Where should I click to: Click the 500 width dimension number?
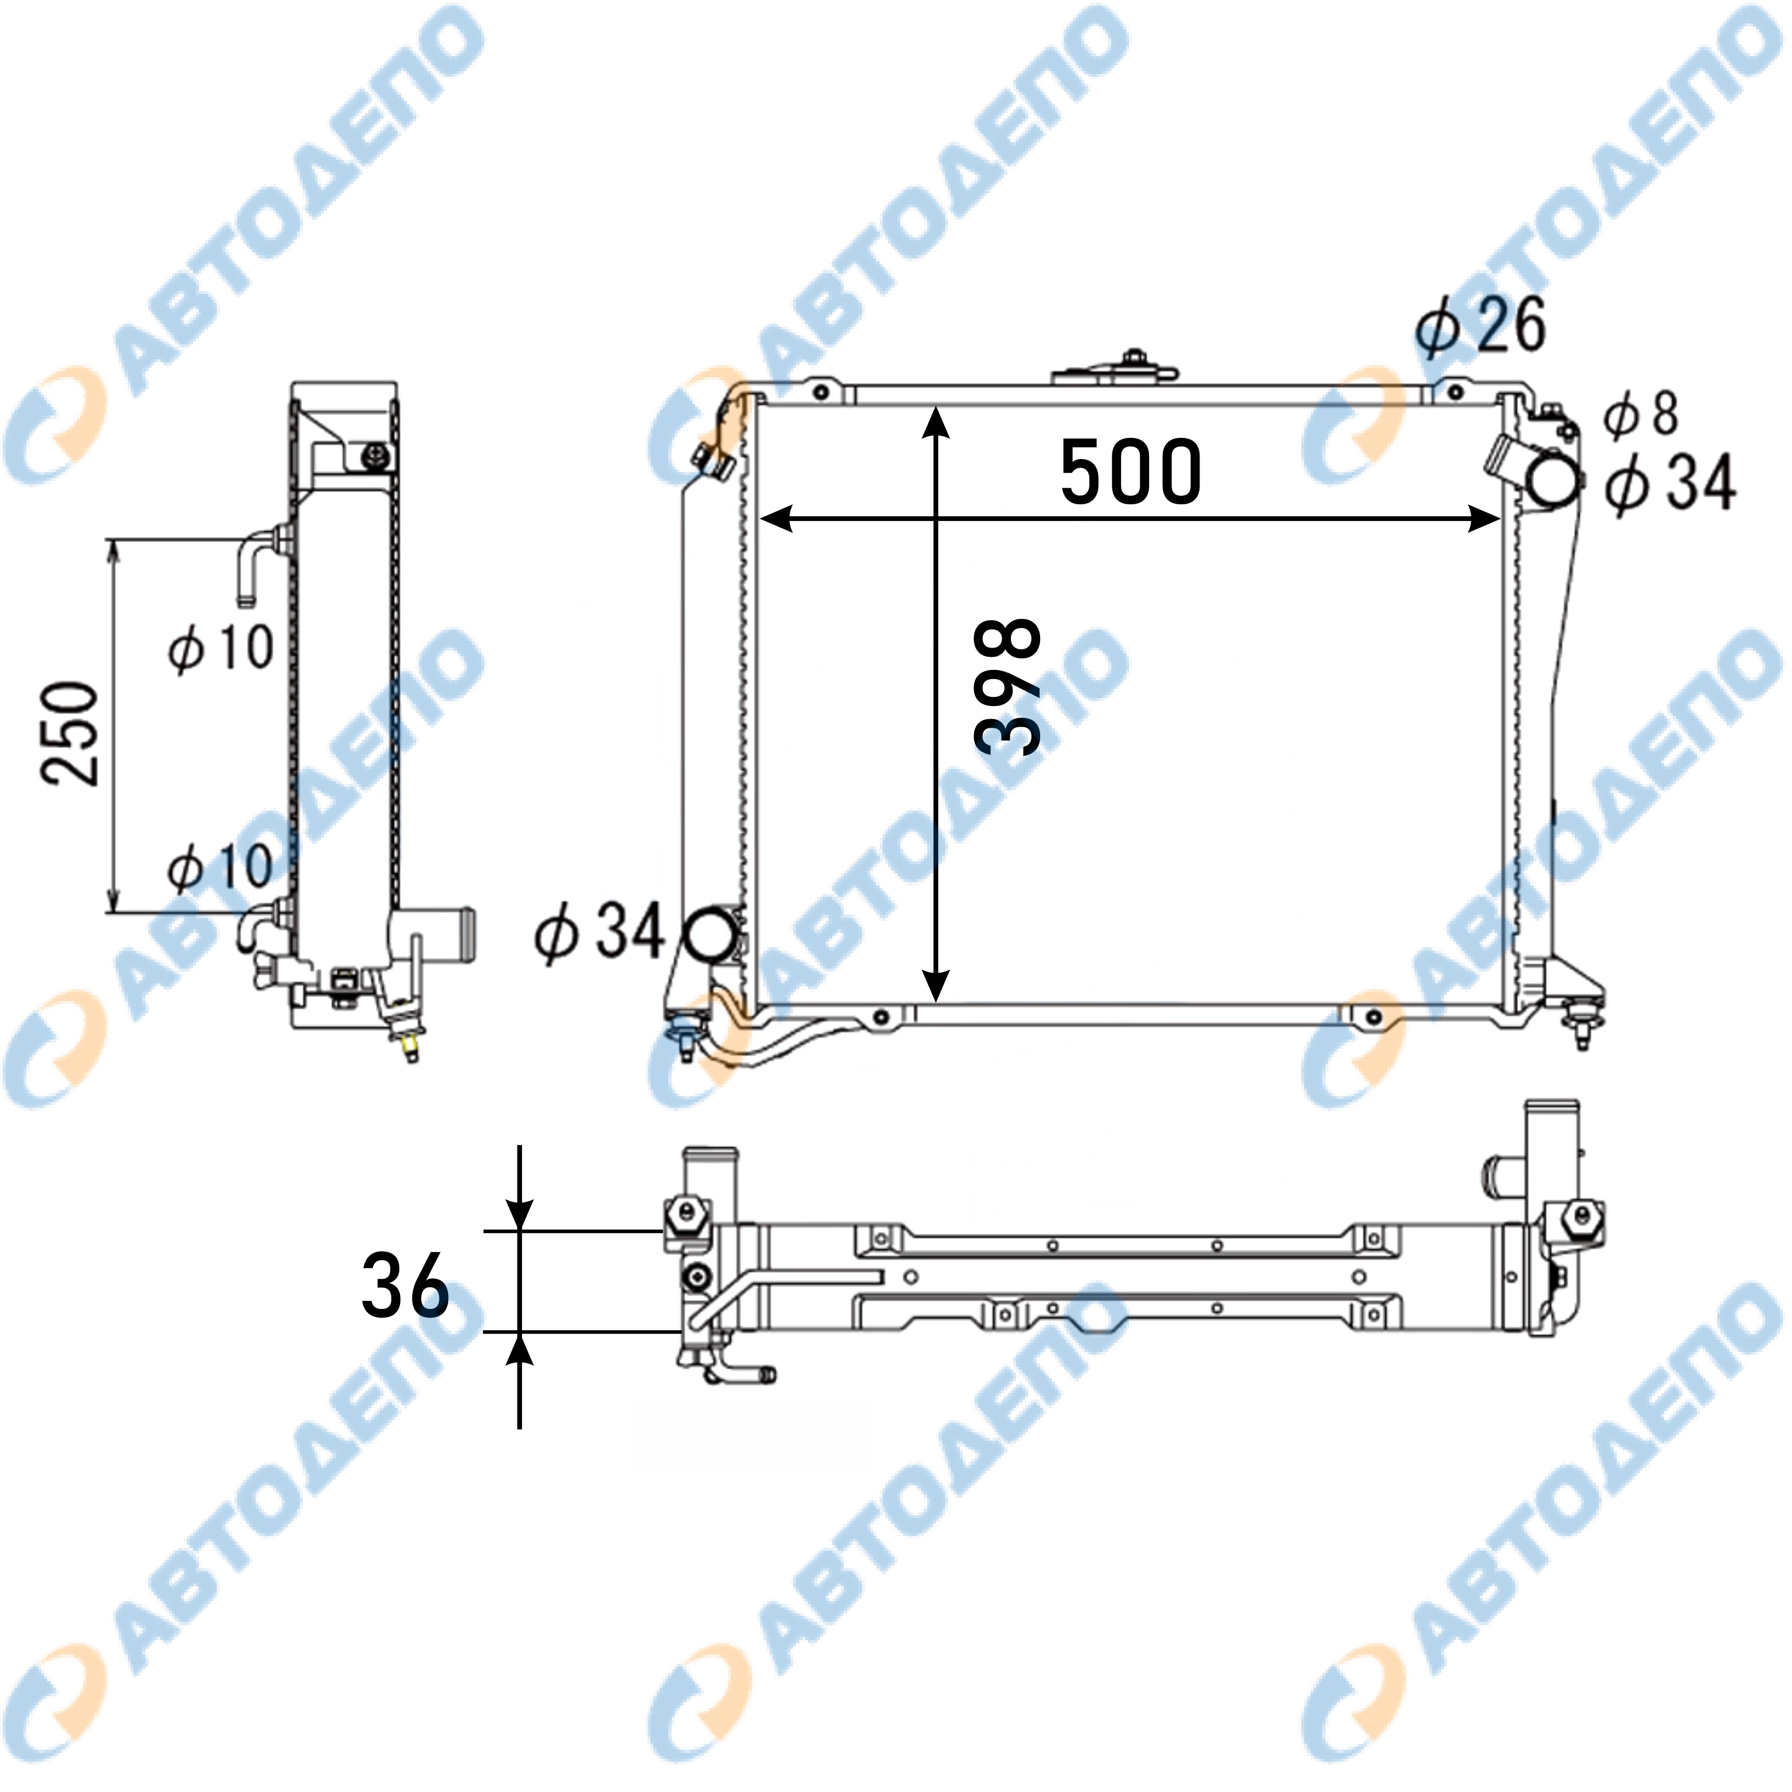pyautogui.click(x=1131, y=472)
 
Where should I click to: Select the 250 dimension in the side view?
pyautogui.click(x=69, y=733)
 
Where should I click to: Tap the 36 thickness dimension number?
pyautogui.click(x=405, y=1285)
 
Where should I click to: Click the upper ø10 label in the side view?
pyautogui.click(x=221, y=648)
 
